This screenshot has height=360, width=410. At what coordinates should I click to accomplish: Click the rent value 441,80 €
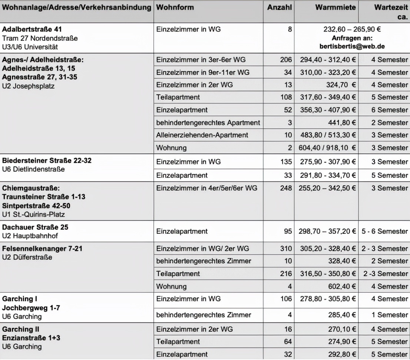click(x=341, y=122)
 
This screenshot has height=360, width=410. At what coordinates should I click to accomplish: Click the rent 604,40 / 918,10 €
click(x=327, y=148)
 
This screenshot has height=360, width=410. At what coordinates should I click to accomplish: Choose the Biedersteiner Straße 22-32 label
click(x=47, y=160)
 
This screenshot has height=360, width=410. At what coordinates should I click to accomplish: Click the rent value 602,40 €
click(x=341, y=286)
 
